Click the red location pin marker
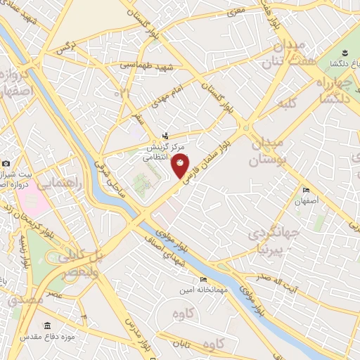180,165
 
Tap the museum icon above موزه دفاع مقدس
47,326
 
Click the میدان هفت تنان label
293,53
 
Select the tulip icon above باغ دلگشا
345,53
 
